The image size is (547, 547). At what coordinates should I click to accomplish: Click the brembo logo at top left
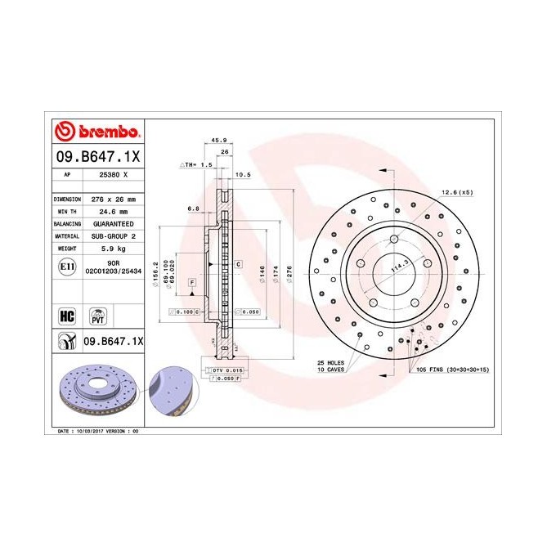(97, 132)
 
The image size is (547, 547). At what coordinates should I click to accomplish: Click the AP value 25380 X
(113, 175)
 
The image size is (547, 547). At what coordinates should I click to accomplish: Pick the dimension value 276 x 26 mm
(113, 200)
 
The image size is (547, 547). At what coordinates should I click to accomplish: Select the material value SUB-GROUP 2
(113, 235)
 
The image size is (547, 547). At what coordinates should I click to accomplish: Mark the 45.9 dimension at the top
(220, 140)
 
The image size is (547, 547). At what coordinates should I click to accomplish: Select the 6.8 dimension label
(194, 208)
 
